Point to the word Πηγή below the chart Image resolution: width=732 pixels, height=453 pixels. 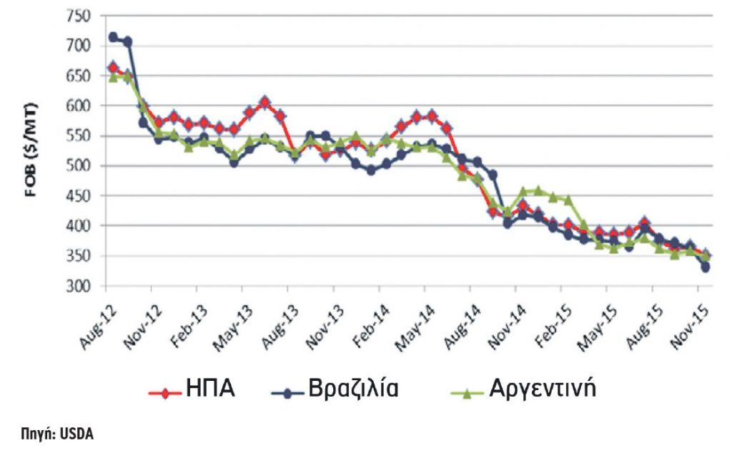41,434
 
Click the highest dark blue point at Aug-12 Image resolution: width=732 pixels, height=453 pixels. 113,37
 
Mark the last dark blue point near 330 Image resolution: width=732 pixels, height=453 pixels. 705,268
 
